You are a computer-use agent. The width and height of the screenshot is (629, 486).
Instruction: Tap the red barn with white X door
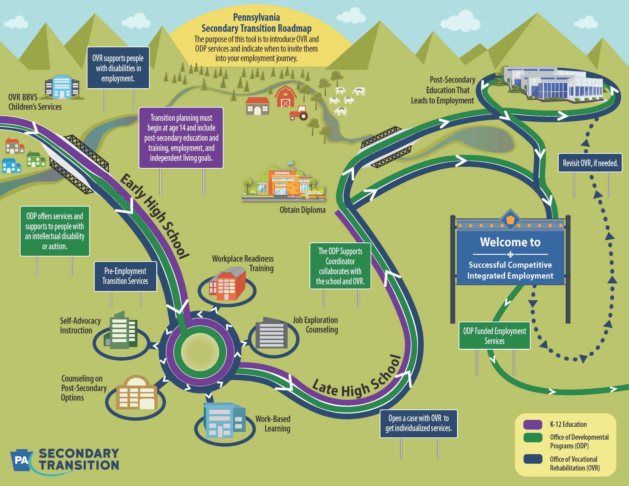[285, 96]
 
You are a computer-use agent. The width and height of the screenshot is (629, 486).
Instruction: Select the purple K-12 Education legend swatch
[533, 424]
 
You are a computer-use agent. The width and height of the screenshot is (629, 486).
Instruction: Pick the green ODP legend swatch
[533, 437]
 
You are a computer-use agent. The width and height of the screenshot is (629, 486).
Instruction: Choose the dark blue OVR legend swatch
[533, 459]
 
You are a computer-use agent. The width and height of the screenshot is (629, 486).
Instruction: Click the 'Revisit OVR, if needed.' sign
[590, 163]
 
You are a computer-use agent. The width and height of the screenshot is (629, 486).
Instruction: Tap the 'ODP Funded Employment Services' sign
[494, 335]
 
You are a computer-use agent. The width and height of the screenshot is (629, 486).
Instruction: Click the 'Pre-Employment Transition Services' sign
[125, 276]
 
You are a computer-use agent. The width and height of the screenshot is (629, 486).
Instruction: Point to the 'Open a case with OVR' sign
[419, 423]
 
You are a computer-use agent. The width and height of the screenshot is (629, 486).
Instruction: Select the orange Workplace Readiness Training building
[227, 284]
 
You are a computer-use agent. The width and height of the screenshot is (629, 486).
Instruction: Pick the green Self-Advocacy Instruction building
[121, 331]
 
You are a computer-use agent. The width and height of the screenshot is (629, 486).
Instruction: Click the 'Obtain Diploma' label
[302, 210]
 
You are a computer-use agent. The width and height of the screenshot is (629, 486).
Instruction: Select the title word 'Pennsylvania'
[256, 17]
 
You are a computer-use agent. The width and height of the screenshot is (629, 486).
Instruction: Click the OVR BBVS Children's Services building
[62, 87]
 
